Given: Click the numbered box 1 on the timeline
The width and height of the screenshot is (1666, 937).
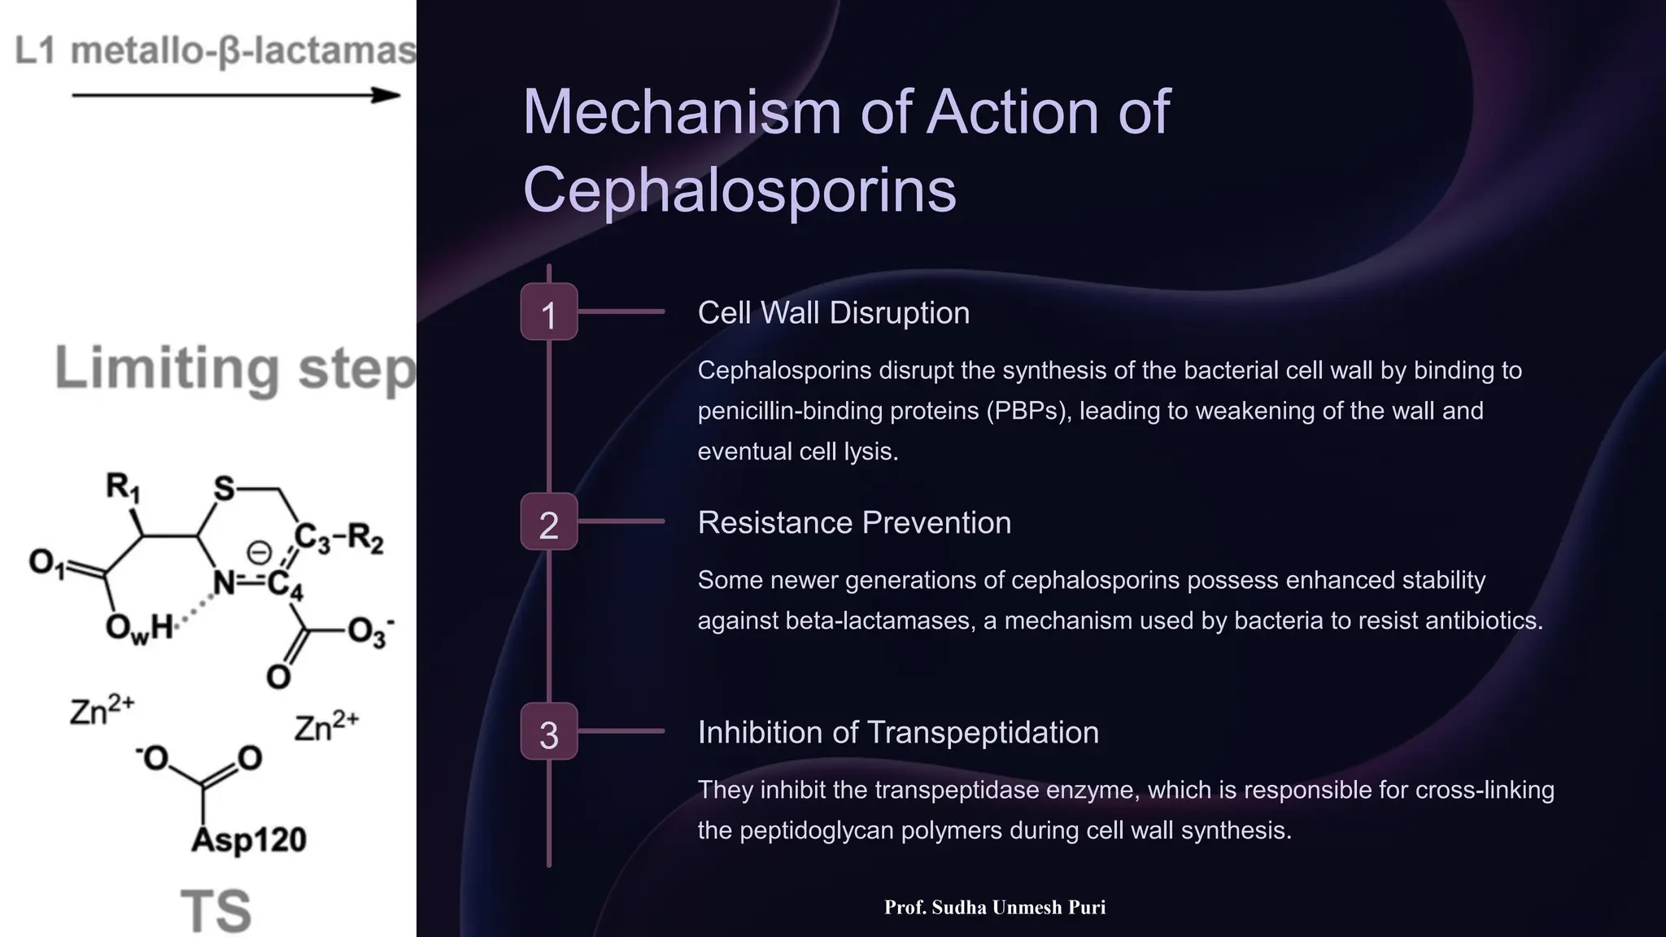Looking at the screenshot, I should [549, 312].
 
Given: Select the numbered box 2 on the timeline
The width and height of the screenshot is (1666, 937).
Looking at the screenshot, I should [549, 522].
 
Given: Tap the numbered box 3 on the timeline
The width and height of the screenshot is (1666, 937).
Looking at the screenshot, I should [549, 732].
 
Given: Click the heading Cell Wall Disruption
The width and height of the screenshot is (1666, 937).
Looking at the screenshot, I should [833, 313].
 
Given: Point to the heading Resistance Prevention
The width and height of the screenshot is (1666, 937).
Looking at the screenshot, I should [854, 523].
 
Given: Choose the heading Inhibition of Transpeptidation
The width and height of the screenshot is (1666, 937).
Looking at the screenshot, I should [898, 733].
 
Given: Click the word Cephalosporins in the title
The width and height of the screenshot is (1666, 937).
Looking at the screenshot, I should [739, 190].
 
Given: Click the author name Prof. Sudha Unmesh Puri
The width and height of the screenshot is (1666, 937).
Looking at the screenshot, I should [994, 908].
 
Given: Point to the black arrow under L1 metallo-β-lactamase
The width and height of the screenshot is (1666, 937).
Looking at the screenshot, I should [236, 96].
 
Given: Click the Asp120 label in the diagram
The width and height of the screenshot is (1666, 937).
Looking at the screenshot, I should [249, 839].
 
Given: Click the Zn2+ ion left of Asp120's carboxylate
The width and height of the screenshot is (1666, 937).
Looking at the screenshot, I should [101, 710].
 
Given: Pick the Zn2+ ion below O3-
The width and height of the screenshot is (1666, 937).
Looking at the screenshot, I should [325, 726].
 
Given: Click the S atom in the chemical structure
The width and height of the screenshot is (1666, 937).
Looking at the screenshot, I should [224, 489].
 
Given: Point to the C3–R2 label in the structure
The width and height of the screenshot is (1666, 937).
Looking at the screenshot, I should [338, 538].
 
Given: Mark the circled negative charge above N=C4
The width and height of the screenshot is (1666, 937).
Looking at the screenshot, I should [259, 553].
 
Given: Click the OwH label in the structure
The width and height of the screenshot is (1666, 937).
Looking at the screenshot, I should [139, 628].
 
